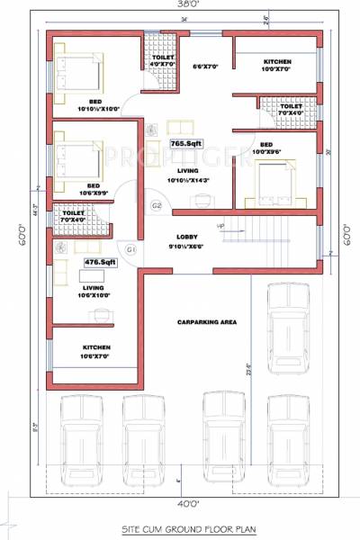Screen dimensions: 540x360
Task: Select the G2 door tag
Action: tap(156, 206)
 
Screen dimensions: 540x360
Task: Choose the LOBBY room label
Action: tap(189, 237)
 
